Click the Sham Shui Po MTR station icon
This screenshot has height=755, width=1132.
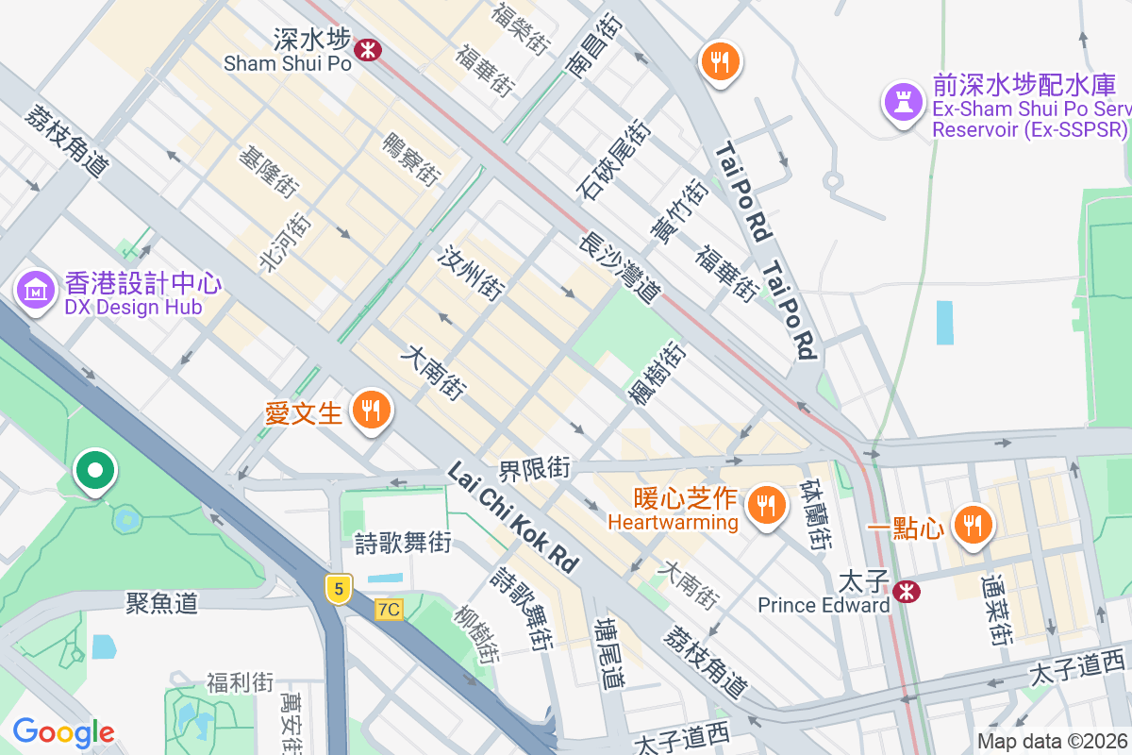(x=368, y=49)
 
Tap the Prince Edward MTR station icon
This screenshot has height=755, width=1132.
(x=907, y=592)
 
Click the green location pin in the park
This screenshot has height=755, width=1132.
(x=95, y=471)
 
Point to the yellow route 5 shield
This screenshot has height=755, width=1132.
(x=340, y=589)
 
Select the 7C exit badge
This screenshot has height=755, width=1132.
(x=388, y=610)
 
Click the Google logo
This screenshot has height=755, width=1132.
(x=63, y=731)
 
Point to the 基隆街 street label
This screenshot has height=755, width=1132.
(x=269, y=171)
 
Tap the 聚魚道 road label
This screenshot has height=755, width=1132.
(x=162, y=603)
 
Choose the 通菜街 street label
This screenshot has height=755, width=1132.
(x=997, y=610)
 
